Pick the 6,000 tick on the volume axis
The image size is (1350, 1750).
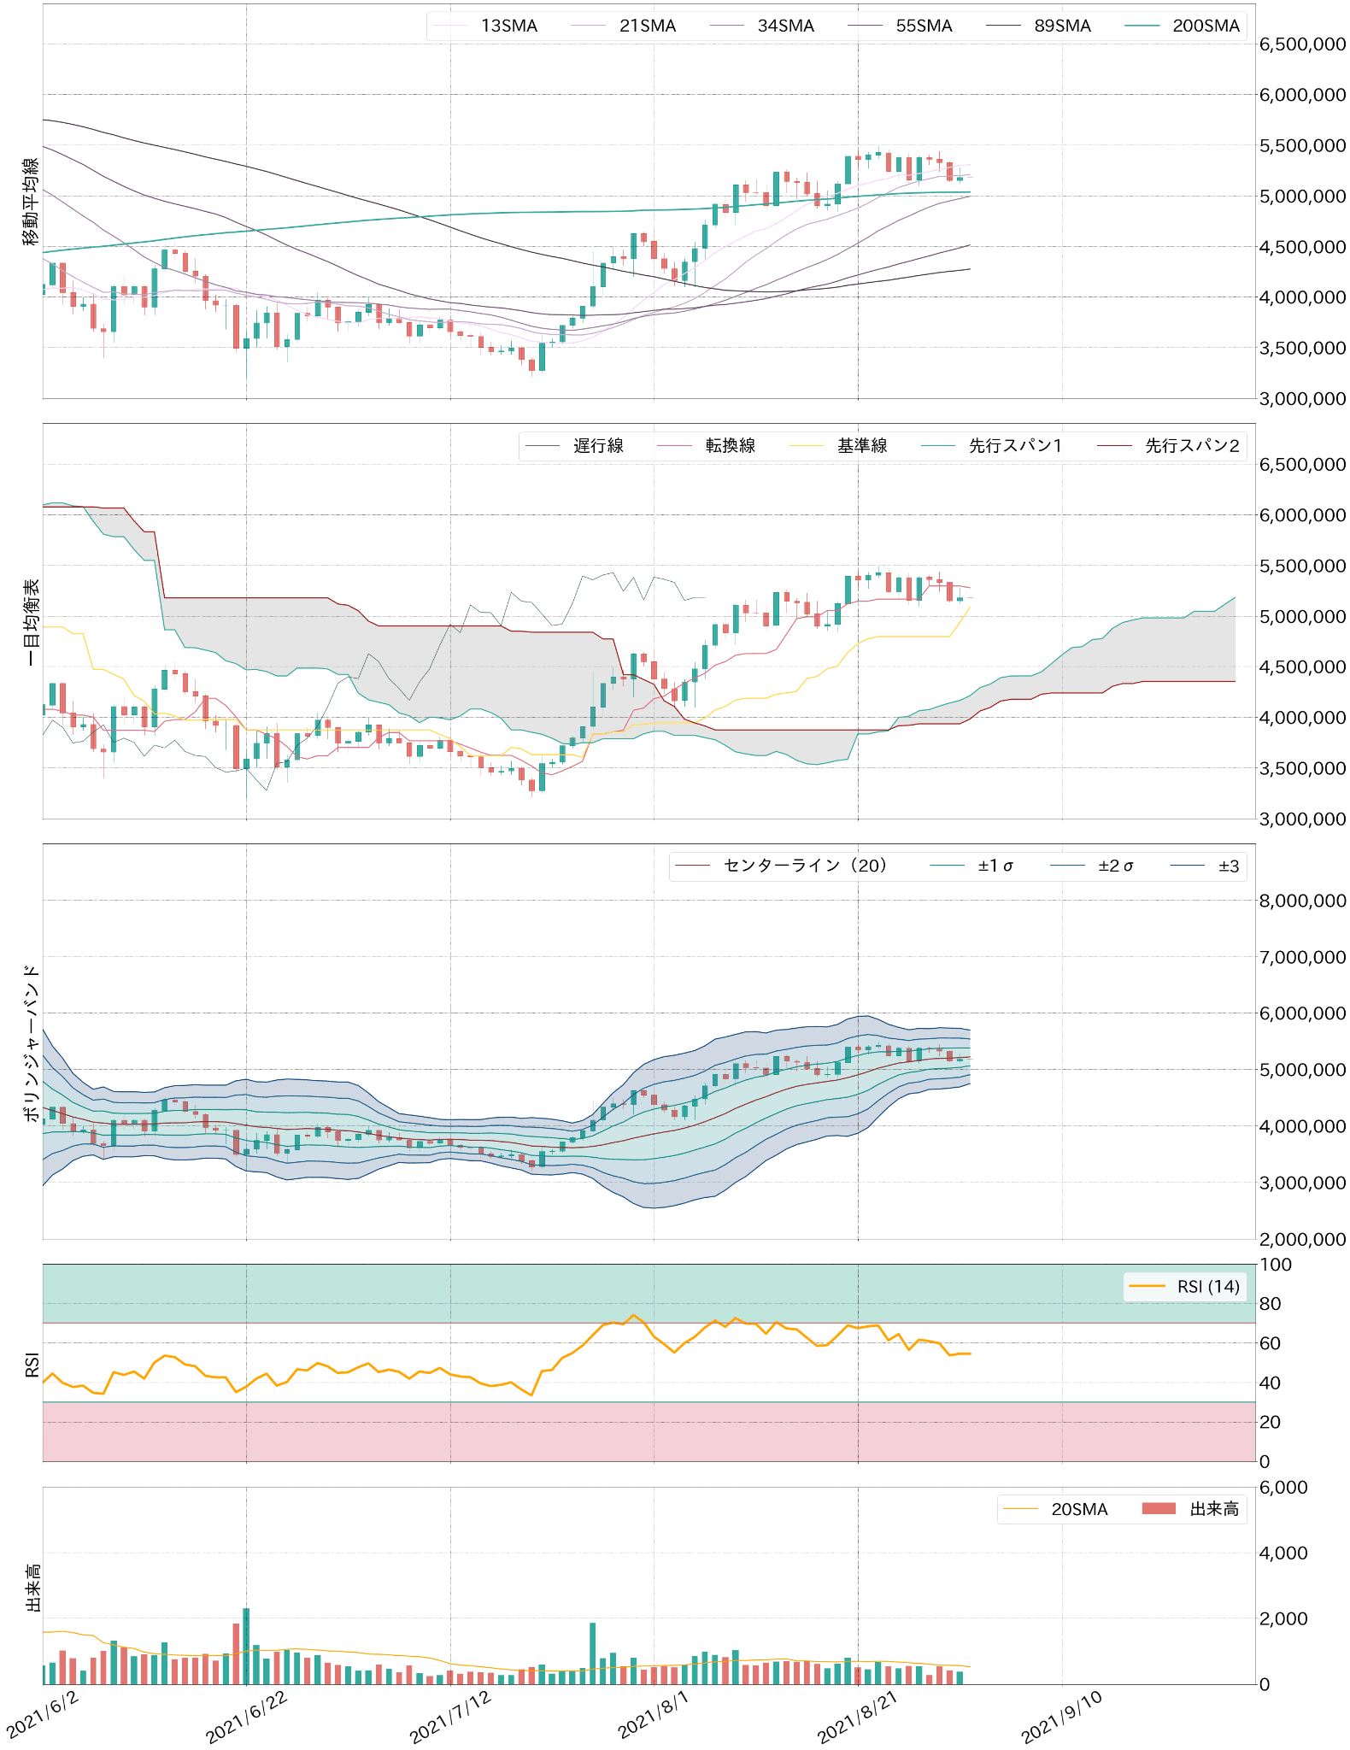pyautogui.click(x=1283, y=1488)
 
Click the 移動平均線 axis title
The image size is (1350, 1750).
pyautogui.click(x=31, y=202)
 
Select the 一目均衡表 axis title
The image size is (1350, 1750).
pyautogui.click(x=31, y=622)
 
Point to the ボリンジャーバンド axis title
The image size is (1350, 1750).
pyautogui.click(x=31, y=1042)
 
